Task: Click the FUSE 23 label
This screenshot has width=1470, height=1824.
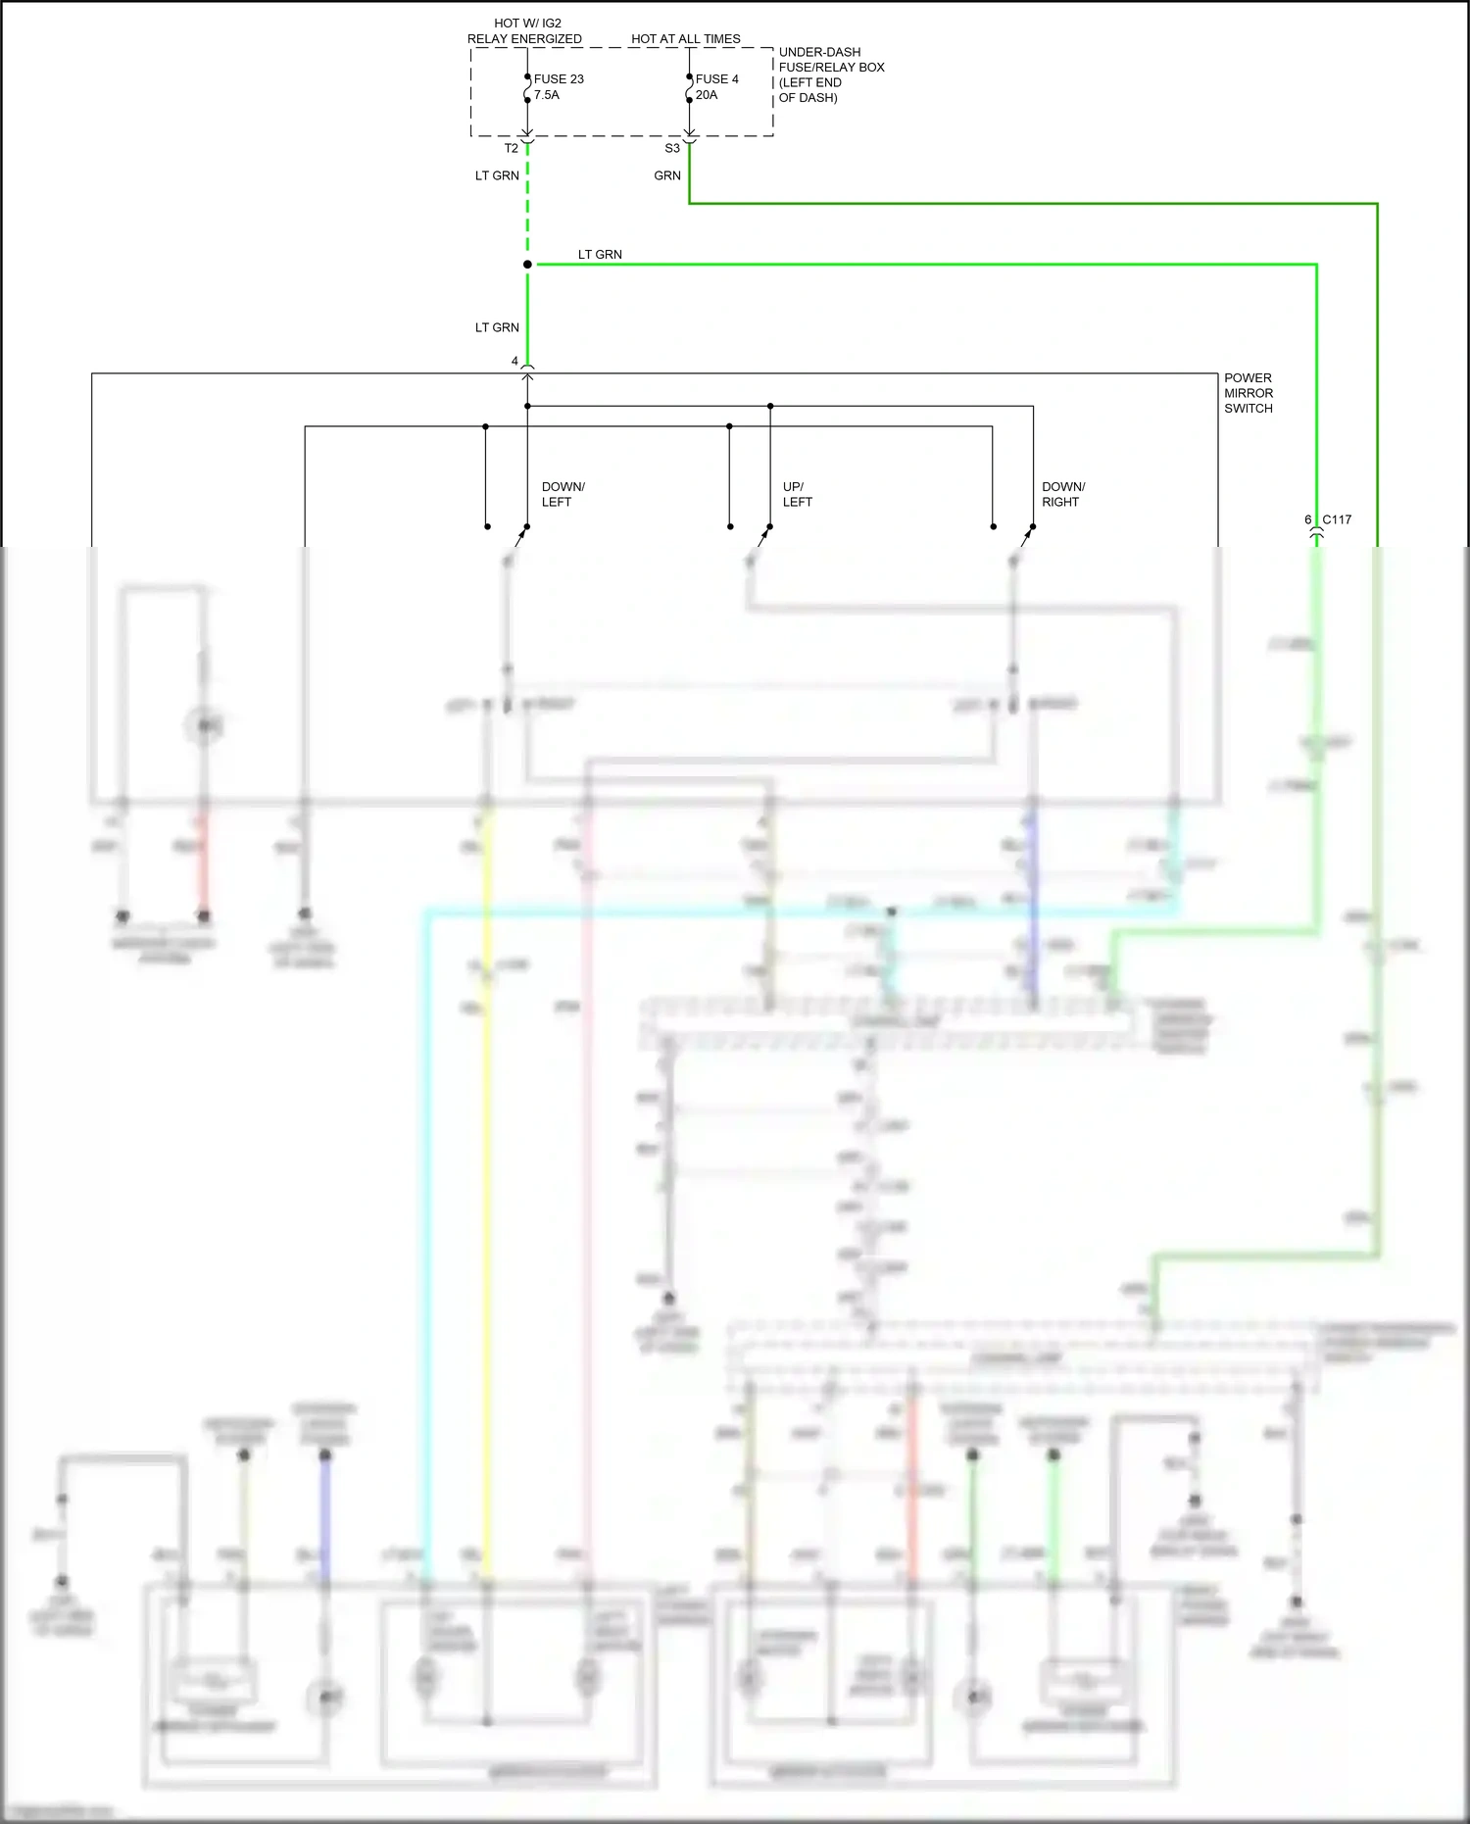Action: pyautogui.click(x=559, y=79)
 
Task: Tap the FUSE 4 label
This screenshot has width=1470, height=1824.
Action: pyautogui.click(x=716, y=79)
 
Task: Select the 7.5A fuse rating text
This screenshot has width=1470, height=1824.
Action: pyautogui.click(x=547, y=95)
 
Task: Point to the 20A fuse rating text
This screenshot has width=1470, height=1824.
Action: pyautogui.click(x=707, y=95)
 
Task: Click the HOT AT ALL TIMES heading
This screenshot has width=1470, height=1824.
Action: pyautogui.click(x=685, y=39)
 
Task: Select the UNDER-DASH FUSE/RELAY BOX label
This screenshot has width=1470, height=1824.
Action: pyautogui.click(x=830, y=74)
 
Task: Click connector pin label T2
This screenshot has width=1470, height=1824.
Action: pyautogui.click(x=511, y=149)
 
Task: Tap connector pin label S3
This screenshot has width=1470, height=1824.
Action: pyautogui.click(x=671, y=149)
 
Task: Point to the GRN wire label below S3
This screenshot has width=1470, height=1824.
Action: pyautogui.click(x=667, y=176)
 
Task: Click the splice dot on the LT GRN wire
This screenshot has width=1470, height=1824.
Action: pyautogui.click(x=527, y=265)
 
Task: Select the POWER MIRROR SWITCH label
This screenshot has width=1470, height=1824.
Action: pyautogui.click(x=1248, y=393)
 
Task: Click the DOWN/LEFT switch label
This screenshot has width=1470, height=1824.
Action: pyautogui.click(x=563, y=494)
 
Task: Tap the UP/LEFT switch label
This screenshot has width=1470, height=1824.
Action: pyautogui.click(x=797, y=494)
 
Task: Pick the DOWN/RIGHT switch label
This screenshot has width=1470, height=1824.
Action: pyautogui.click(x=1062, y=494)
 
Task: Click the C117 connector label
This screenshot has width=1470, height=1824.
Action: pyautogui.click(x=1337, y=519)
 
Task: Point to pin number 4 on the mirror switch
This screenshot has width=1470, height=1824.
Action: pyautogui.click(x=514, y=362)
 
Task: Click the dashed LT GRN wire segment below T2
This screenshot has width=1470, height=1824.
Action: pyautogui.click(x=527, y=211)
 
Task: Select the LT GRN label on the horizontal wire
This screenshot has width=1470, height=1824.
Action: pyautogui.click(x=600, y=255)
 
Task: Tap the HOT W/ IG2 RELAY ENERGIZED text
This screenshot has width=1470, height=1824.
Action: pyautogui.click(x=524, y=31)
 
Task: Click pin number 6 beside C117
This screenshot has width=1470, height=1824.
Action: pyautogui.click(x=1307, y=519)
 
